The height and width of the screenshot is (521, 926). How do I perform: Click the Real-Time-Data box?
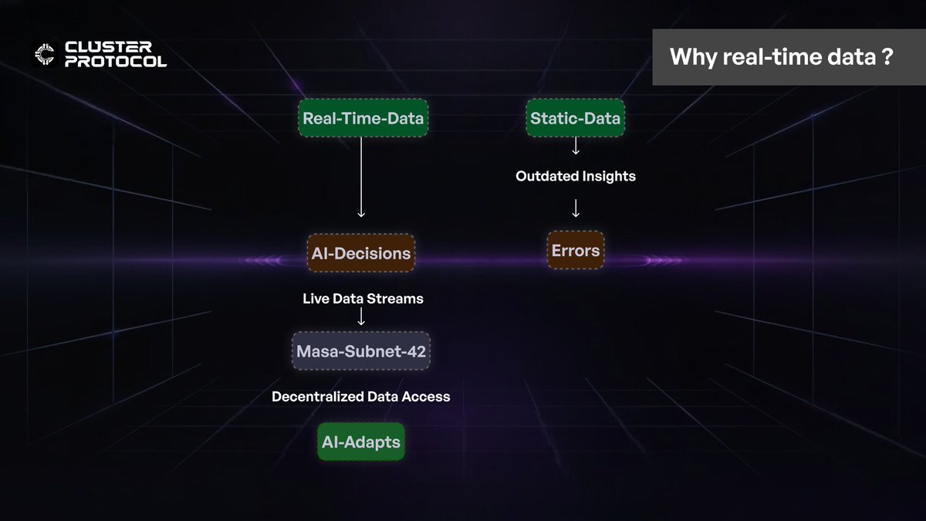[363, 119]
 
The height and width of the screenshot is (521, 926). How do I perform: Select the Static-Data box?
[576, 119]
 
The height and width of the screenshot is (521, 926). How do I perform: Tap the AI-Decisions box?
[360, 253]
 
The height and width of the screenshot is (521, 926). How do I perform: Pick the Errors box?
[576, 250]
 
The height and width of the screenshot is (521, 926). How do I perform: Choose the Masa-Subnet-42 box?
[361, 351]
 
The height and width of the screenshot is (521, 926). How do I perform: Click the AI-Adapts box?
[361, 442]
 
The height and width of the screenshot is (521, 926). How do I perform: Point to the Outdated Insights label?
[576, 176]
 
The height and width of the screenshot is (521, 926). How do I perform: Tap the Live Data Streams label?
[363, 298]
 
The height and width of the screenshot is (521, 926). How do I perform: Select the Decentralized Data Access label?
[360, 397]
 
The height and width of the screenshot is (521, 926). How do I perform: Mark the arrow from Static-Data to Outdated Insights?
[576, 147]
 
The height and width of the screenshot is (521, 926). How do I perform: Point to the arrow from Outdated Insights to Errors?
[576, 208]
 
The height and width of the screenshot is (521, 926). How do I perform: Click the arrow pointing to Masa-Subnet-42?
[361, 316]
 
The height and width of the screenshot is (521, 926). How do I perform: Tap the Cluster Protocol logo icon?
[45, 53]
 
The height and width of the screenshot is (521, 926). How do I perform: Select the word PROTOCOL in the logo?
[116, 61]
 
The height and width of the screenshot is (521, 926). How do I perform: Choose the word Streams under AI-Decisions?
[397, 298]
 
